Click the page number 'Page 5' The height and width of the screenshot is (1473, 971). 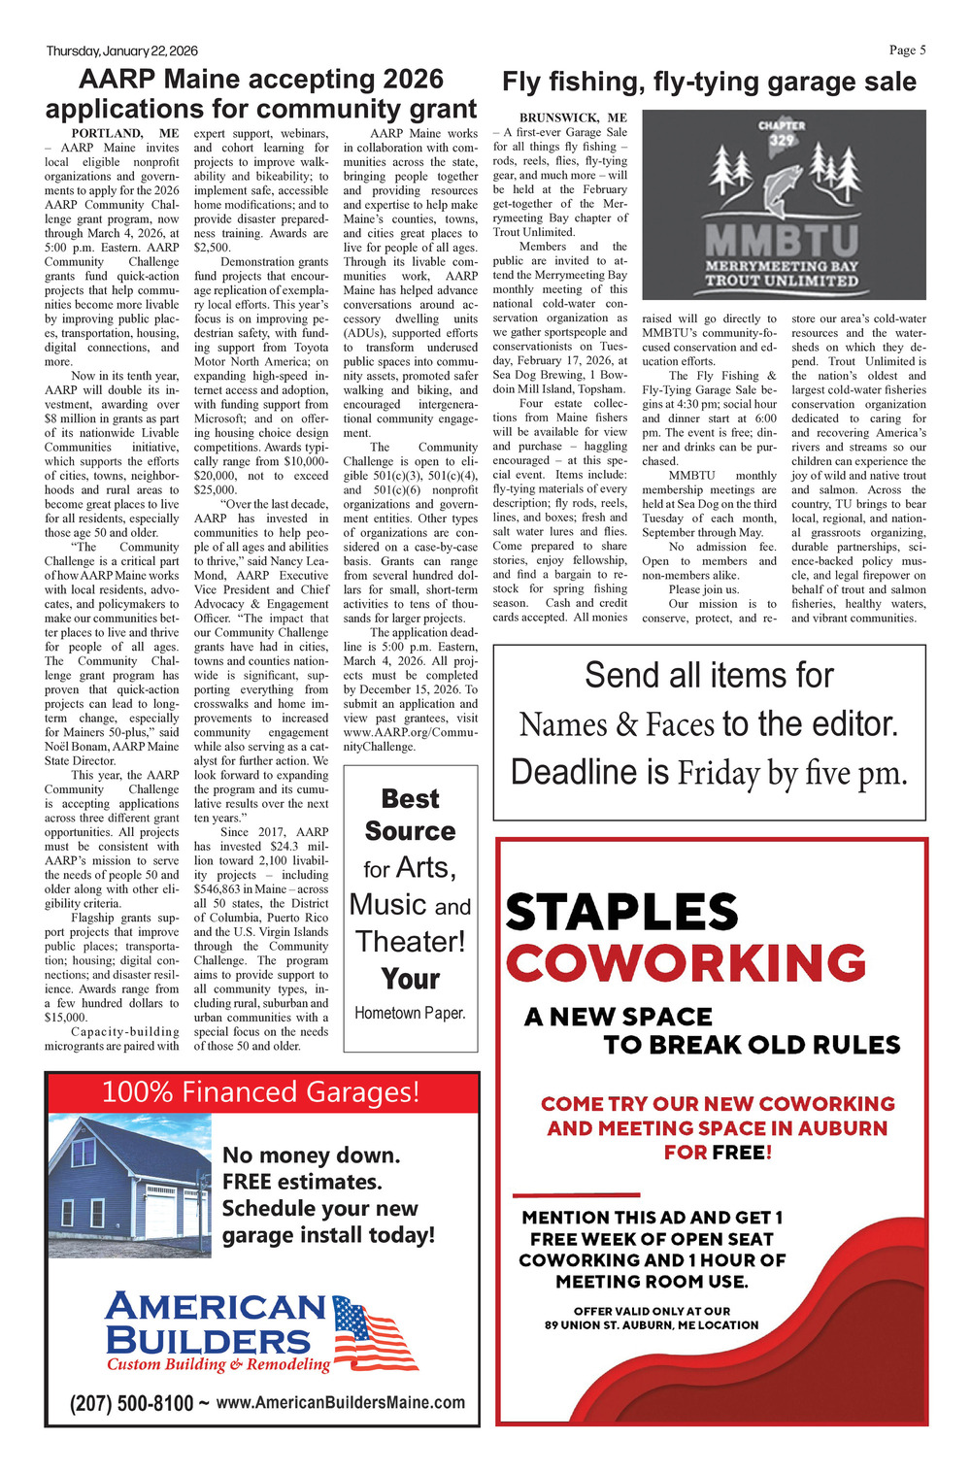click(907, 50)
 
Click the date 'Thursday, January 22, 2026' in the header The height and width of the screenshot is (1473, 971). click(121, 51)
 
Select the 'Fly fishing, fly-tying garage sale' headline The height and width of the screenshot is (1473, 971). click(709, 83)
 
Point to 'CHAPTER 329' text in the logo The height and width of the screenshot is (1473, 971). click(782, 132)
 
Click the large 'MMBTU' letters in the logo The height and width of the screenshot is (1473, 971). click(782, 240)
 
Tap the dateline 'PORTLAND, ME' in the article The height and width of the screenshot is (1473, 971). click(125, 133)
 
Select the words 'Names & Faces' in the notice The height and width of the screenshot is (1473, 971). click(617, 724)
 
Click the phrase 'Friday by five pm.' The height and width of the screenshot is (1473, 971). click(792, 773)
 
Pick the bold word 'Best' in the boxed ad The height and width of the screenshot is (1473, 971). click(411, 799)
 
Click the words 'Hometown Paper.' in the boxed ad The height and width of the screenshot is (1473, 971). click(410, 1013)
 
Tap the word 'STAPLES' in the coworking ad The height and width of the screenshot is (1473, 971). click(622, 913)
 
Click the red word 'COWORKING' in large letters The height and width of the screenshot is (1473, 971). click(686, 963)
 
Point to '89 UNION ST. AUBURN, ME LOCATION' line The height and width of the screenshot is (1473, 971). click(652, 1325)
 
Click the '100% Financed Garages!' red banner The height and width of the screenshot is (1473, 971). click(261, 1092)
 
